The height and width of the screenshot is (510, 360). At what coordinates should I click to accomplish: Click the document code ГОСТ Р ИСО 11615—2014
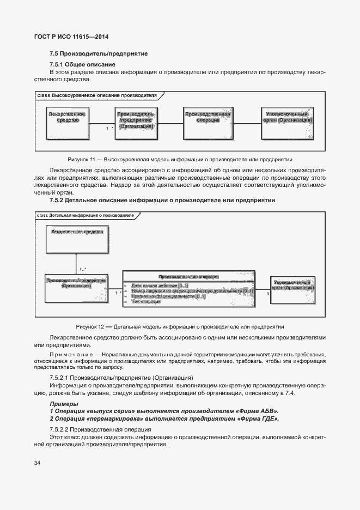tap(71, 38)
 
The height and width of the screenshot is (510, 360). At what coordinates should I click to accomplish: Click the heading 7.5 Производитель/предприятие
tap(99, 54)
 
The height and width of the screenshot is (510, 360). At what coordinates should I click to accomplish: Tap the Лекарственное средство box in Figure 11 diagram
tap(68, 121)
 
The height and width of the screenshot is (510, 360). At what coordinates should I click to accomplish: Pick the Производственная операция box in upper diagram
tap(208, 121)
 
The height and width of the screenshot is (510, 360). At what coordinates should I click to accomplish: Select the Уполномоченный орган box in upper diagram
tap(287, 121)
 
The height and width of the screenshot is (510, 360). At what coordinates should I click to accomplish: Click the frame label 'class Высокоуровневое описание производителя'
tap(97, 95)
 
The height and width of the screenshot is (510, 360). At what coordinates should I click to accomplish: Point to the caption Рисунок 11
tap(180, 160)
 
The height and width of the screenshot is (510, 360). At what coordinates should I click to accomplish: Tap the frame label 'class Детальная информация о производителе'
tap(86, 215)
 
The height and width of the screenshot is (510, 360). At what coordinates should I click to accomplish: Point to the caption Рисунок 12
tap(180, 327)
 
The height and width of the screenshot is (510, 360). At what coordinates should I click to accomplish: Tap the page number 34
tap(37, 463)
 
